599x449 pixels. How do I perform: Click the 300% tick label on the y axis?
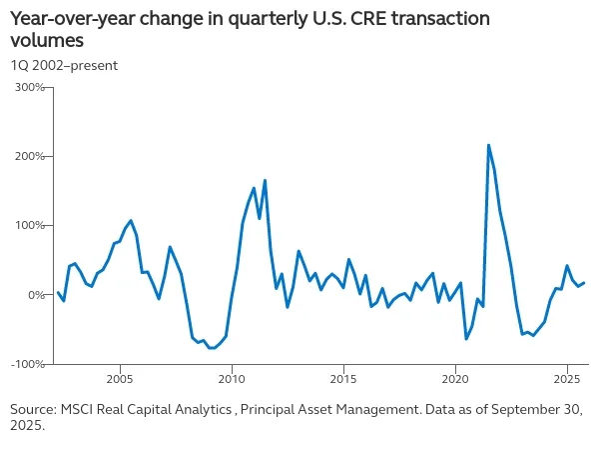pyautogui.click(x=29, y=87)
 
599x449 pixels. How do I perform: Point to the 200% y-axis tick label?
pyautogui.click(x=29, y=157)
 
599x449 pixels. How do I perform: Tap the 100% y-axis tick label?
pyautogui.click(x=29, y=226)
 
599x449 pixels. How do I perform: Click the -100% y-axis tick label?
pyautogui.click(x=27, y=364)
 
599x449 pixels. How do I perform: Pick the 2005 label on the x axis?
pyautogui.click(x=120, y=380)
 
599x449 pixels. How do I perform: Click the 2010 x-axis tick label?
pyautogui.click(x=232, y=380)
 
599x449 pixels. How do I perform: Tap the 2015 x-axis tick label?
pyautogui.click(x=343, y=380)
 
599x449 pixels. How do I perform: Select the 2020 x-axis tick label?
pyautogui.click(x=455, y=380)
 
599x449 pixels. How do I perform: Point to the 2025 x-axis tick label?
pyautogui.click(x=567, y=380)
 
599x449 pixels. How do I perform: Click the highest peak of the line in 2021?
pyautogui.click(x=488, y=145)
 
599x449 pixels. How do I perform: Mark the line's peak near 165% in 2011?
pyautogui.click(x=265, y=181)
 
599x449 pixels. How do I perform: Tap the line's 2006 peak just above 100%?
pyautogui.click(x=131, y=220)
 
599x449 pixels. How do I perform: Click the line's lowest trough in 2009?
pyautogui.click(x=211, y=348)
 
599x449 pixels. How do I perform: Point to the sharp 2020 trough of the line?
pyautogui.click(x=466, y=339)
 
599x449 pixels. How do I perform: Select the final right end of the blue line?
pyautogui.click(x=584, y=283)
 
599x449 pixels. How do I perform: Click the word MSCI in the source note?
pyautogui.click(x=79, y=409)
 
